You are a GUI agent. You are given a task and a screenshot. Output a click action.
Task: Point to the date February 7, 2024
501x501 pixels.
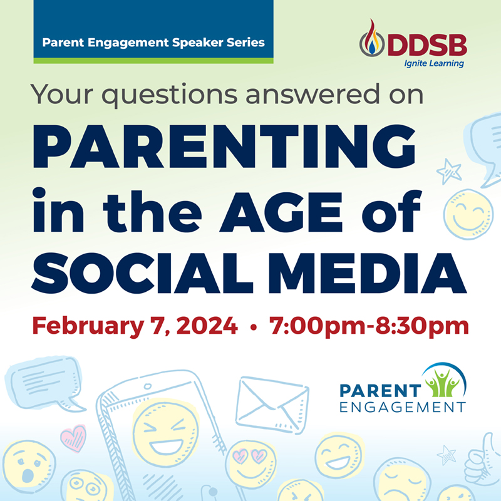click(135, 326)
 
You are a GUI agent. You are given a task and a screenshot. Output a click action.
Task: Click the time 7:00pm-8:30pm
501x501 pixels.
click(369, 326)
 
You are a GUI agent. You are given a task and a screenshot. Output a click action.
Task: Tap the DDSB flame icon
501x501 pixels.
click(372, 43)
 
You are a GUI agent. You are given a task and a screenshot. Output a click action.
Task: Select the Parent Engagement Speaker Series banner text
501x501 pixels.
click(153, 43)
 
